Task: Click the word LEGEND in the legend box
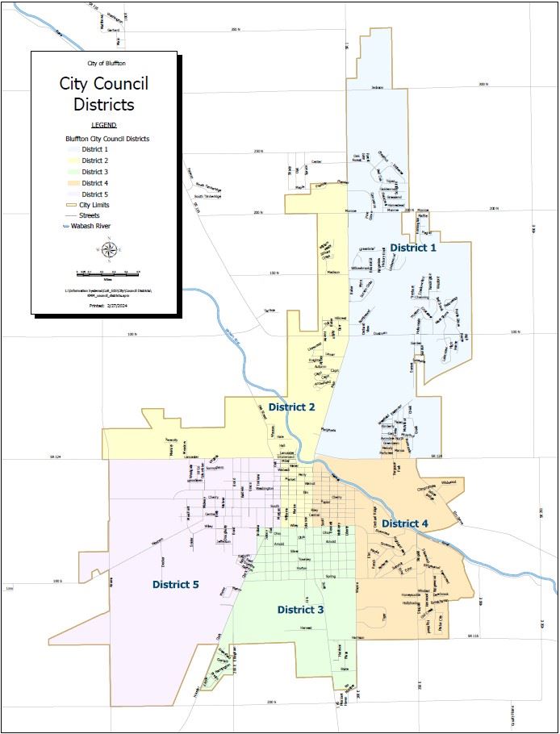coord(103,125)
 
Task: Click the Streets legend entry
coord(90,216)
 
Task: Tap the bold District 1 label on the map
coord(412,248)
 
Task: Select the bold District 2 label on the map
coord(291,407)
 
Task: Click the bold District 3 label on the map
coord(300,609)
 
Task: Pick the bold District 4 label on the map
coord(405,523)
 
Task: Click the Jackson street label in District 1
coord(377,87)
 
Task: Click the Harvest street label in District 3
coord(306,627)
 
